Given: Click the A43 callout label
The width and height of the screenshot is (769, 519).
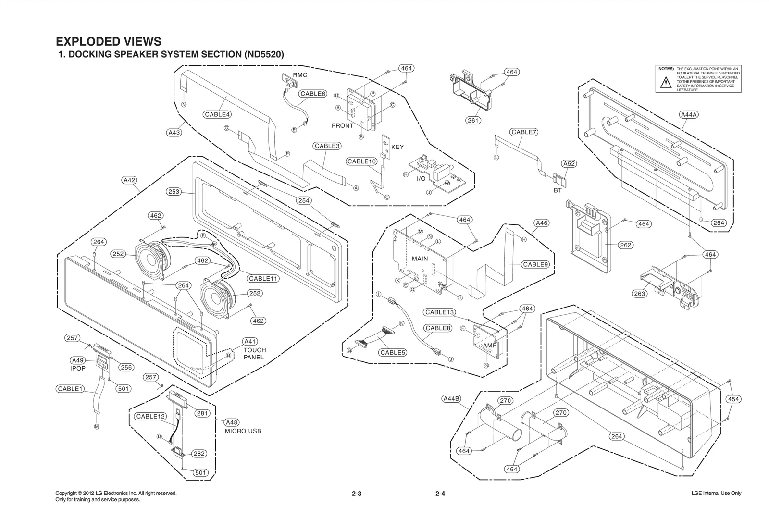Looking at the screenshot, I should coord(174,132).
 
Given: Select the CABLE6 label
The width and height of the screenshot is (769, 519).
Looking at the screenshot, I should coord(313,94).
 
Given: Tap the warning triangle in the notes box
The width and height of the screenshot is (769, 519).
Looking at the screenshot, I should coord(665,83).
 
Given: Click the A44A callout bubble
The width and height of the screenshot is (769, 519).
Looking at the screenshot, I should coord(689,114).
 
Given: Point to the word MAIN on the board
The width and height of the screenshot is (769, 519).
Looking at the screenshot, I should coord(420,259).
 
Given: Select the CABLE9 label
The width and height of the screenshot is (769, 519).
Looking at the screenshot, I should coord(535,264).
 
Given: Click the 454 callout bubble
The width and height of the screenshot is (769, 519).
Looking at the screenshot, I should coord(733,399).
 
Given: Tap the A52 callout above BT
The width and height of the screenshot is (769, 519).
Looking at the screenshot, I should coord(569,163).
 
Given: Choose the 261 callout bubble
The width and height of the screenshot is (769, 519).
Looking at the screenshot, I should coord(473,120).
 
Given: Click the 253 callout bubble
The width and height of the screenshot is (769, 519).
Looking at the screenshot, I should coord(174,192).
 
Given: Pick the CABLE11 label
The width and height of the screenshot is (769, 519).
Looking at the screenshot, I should coord(263,278).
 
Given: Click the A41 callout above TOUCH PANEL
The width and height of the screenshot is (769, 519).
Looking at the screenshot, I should coord(250,341).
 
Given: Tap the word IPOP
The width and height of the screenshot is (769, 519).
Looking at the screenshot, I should coord(78,368).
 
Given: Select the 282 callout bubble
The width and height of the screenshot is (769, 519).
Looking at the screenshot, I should coord(199,454).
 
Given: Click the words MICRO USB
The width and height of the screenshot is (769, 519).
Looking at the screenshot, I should coord(243,431).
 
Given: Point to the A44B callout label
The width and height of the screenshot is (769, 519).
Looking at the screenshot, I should coord(451,398).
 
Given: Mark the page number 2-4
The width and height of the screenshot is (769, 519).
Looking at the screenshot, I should coord(440,494).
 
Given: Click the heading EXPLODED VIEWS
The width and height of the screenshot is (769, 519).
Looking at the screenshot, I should coord(109,41).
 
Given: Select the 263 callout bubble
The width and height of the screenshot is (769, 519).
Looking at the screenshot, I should coord(639,294).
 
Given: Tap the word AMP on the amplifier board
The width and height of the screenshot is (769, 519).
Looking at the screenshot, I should coord(490,346).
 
